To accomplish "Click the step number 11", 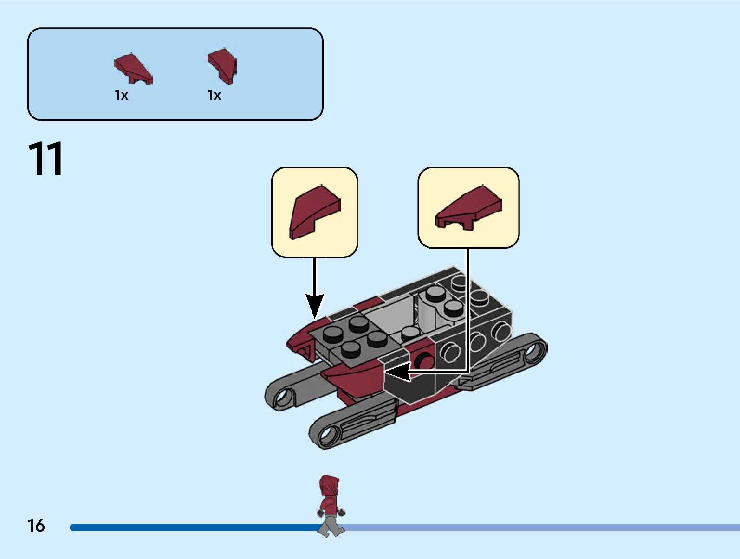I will tap(45, 159).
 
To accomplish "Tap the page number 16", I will tap(36, 526).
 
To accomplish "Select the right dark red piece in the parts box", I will tap(222, 65).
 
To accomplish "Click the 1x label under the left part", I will tap(121, 95).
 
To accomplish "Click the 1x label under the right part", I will tap(214, 95).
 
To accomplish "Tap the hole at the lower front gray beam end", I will tap(328, 435).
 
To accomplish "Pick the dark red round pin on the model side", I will tap(423, 360).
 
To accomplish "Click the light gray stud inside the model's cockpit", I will tap(410, 333).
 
